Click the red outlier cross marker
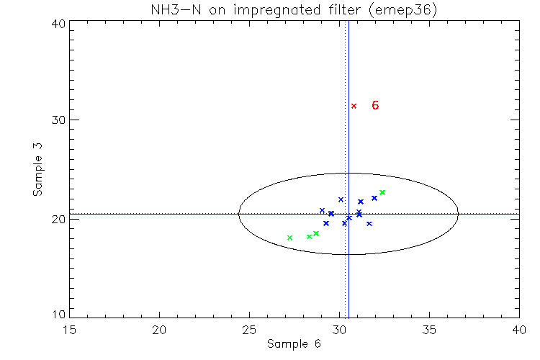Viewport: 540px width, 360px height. (354, 106)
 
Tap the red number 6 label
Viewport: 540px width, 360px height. (375, 105)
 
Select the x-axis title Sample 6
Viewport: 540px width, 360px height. (294, 343)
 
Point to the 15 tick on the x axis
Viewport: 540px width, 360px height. (69, 329)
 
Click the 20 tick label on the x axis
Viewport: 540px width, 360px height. (159, 329)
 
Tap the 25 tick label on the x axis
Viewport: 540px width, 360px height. (249, 329)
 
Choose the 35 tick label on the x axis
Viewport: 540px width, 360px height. (429, 329)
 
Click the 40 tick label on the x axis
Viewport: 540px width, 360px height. (518, 329)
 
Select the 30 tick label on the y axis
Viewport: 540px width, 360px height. (59, 120)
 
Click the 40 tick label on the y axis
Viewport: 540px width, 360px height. (59, 23)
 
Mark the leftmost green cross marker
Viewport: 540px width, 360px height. (289, 238)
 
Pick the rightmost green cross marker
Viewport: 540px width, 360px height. (382, 192)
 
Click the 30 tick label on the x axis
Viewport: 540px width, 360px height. (339, 329)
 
